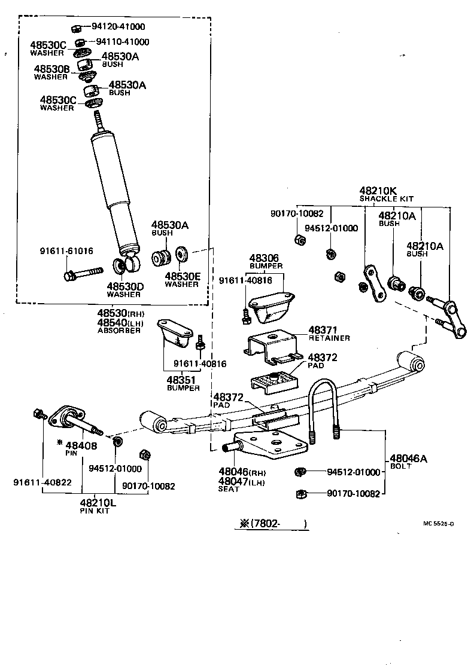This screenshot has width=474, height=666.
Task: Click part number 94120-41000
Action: click(118, 27)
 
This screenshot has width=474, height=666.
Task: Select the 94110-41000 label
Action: click(123, 42)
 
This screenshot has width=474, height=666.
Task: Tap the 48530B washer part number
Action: click(51, 69)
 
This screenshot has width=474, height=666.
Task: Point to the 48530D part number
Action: click(125, 286)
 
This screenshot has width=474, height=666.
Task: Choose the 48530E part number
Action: click(182, 276)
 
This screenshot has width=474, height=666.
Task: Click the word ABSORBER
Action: click(119, 330)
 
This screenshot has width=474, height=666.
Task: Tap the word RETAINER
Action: click(329, 338)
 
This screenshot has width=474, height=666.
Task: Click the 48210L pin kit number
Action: click(98, 503)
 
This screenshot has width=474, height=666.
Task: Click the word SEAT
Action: click(229, 489)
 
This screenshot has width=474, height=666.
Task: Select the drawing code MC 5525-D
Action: click(438, 524)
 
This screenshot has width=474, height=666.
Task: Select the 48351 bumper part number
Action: click(183, 380)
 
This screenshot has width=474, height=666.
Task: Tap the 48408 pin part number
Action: click(81, 445)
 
